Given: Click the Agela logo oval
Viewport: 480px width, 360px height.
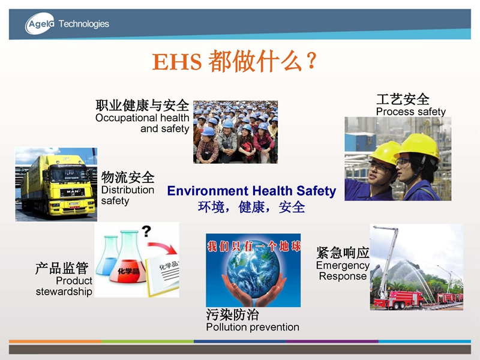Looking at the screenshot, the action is (x=40, y=23).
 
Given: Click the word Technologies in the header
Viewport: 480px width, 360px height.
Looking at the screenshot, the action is (x=83, y=24).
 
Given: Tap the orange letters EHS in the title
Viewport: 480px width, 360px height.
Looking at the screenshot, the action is (x=176, y=61).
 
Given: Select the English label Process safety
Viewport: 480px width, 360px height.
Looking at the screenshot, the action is (x=411, y=112).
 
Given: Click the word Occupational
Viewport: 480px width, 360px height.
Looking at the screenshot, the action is (x=126, y=118).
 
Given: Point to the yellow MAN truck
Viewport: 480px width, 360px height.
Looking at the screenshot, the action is (x=58, y=185).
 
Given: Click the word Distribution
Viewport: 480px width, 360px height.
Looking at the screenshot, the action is (x=128, y=190).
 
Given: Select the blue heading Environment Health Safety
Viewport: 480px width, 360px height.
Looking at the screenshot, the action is (x=251, y=191).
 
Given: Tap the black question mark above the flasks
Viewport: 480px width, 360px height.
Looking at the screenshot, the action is (x=146, y=231).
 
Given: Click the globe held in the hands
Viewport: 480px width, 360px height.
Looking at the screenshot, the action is (x=253, y=274).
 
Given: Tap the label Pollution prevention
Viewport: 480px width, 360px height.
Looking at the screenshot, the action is (x=253, y=327).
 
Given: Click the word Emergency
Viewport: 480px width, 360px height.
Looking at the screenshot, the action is (x=343, y=265).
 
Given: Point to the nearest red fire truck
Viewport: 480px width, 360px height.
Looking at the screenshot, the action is (x=399, y=299).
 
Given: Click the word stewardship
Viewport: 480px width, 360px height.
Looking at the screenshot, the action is (x=64, y=292).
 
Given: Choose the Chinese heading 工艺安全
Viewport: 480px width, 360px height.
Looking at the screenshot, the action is (x=403, y=99).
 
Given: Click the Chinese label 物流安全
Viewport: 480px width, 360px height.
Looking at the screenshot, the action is (x=128, y=177).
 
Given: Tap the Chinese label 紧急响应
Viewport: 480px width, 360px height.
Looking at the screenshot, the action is (x=343, y=253).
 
